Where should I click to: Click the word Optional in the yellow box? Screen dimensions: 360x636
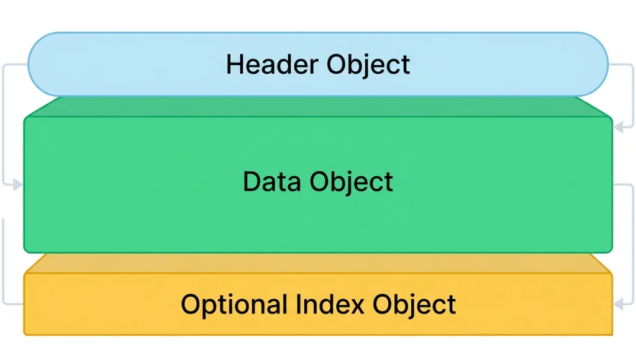[x=234, y=305]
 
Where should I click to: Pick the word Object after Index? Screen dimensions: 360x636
[x=414, y=305]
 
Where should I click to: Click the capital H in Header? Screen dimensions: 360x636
[x=234, y=65]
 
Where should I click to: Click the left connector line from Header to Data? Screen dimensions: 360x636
[x=4, y=124]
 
